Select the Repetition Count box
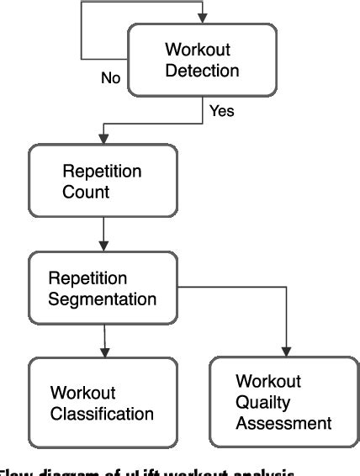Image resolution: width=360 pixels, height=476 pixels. (103, 182)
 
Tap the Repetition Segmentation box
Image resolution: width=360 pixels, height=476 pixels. (103, 286)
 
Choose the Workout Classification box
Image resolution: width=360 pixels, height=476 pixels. (103, 402)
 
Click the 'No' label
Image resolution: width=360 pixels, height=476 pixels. (111, 78)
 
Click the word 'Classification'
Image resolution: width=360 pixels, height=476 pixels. (103, 413)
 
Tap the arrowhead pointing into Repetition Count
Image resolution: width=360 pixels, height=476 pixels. (103, 139)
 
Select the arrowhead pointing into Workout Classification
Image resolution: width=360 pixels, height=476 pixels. (103, 351)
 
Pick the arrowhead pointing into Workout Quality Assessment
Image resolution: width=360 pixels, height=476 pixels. (287, 351)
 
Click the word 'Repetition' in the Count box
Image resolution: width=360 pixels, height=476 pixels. (103, 172)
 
